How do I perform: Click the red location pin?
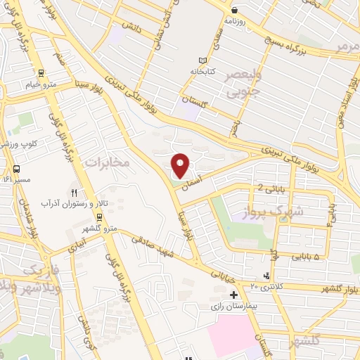pos(181,165)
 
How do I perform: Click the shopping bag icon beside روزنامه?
pos(234,10)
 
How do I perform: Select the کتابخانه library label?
pos(203,72)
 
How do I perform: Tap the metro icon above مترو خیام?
pos(41,73)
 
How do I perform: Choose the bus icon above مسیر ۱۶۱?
pos(16,169)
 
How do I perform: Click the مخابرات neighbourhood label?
pos(108,162)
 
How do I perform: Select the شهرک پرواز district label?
pos(276,212)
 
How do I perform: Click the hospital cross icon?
pos(233,295)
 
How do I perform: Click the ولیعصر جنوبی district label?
pos(243,83)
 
